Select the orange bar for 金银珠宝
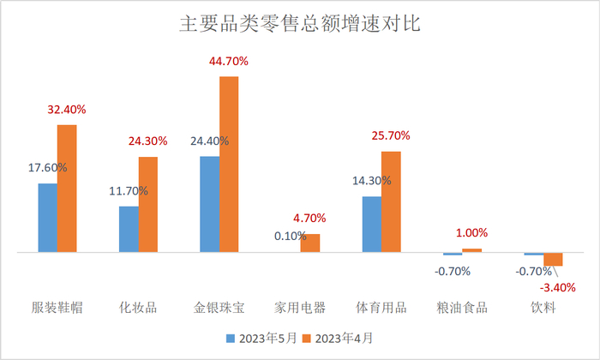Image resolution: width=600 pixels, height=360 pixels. pos(229,165)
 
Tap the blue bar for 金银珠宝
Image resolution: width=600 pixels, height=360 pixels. pos(209,205)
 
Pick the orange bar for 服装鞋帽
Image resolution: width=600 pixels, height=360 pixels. pos(67,189)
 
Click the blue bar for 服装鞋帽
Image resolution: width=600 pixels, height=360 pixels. pos(47,219)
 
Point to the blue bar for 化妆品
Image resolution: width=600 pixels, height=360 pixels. pos(128,230)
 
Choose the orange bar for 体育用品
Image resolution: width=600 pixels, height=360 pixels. pos(391,202)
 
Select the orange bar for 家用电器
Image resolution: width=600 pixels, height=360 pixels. pos(309,243)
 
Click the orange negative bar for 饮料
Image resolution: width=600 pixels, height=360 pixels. pos(553,260)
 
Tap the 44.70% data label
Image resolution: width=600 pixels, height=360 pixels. pos(229,61)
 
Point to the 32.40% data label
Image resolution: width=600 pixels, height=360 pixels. pos(67,110)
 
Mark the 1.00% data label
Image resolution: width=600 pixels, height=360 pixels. pos(471,232)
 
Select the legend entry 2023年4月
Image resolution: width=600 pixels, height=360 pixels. pos(345,338)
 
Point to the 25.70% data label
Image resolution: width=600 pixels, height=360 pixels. pos(391,135)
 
